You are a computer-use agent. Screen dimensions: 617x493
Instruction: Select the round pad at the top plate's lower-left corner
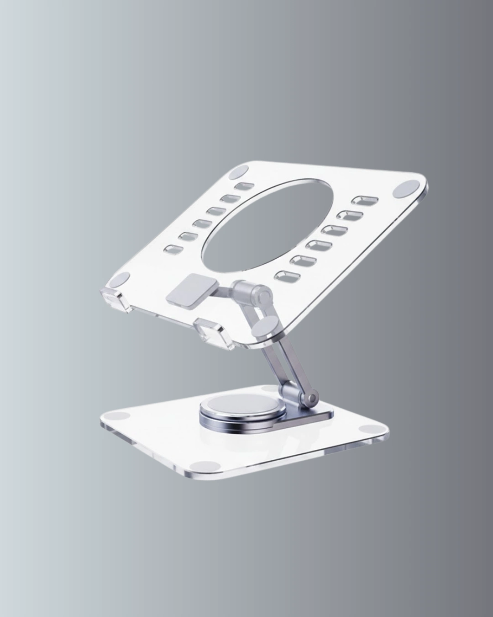pyautogui.click(x=122, y=278)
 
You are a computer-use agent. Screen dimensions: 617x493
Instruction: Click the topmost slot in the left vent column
pyautogui.click(x=244, y=186)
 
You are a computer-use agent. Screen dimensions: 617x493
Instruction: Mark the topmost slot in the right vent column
pyautogui.click(x=363, y=200)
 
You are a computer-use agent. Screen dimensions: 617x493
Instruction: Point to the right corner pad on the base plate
pyautogui.click(x=368, y=430)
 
